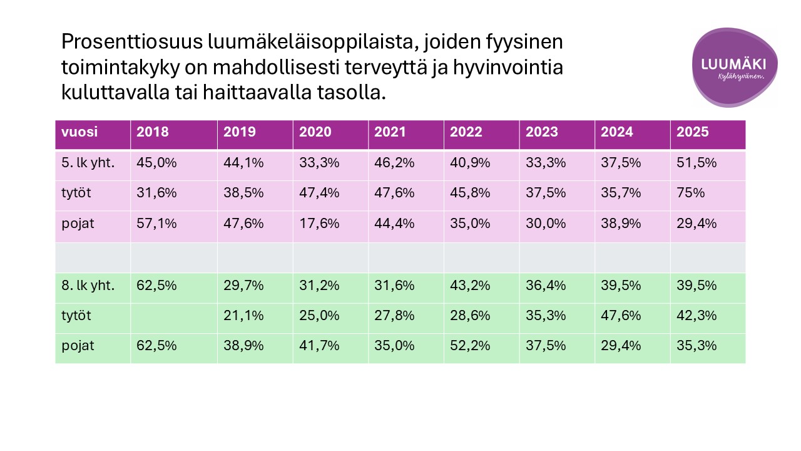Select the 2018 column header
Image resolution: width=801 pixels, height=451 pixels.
point(153,132)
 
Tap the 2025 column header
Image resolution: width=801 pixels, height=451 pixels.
point(692,132)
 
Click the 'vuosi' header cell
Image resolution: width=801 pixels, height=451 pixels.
point(79,132)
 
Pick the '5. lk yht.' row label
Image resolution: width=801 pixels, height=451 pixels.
point(88,163)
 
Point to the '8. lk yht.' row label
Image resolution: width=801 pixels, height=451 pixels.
point(88,286)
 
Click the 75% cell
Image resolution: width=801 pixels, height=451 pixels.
point(690,193)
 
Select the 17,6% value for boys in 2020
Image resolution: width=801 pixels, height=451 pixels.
point(319,223)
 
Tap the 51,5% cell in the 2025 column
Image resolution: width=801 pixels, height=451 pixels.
point(695,163)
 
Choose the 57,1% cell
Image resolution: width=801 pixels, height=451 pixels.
point(156,223)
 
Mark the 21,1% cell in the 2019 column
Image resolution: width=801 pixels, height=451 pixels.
point(243,316)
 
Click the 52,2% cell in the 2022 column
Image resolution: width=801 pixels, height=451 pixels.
point(470,346)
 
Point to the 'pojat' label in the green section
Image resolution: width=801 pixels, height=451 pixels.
point(78,346)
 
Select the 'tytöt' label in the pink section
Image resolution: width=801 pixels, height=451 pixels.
point(76,193)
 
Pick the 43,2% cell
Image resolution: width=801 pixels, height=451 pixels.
point(470,286)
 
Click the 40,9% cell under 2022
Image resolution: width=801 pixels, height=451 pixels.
point(470,163)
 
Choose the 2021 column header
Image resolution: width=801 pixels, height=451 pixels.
point(391,132)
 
